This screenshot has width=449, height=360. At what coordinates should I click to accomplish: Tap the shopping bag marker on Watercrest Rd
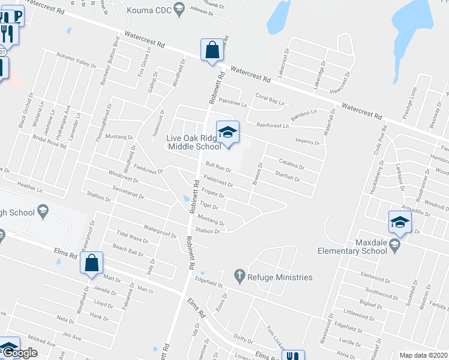point(212,50)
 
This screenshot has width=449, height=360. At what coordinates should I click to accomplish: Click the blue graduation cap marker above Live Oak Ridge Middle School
point(228,133)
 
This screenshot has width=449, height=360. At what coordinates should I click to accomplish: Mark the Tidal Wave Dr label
point(132,239)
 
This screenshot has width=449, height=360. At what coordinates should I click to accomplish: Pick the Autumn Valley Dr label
point(76,59)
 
